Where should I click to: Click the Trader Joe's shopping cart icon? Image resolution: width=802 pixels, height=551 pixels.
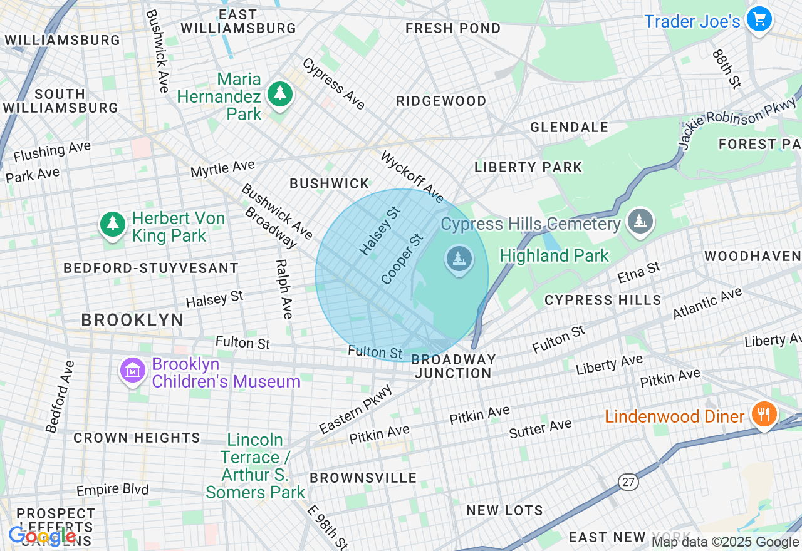coord(759,19)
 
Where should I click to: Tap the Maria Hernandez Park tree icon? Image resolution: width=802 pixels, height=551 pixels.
coord(280,95)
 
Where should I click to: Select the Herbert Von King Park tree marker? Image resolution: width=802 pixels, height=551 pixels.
coord(113,225)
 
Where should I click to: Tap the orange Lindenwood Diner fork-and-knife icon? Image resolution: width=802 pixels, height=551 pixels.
coord(764,415)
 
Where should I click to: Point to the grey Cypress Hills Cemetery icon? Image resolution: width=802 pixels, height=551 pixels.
coord(640,221)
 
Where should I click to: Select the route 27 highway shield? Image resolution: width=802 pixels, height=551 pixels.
coord(628,481)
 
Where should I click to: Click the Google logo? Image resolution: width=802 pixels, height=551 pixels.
coord(43,537)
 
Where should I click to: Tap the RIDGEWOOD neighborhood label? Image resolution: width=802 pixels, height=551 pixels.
coord(441,101)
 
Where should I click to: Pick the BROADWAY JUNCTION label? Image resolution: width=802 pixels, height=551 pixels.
coord(454,366)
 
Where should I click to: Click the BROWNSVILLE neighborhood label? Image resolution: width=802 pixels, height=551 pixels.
coord(363,478)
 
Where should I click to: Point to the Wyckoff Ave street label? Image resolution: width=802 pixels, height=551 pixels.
coord(412,177)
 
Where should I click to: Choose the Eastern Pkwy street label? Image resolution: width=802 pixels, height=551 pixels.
coord(355,409)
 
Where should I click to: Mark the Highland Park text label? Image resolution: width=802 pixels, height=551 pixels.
coord(554,255)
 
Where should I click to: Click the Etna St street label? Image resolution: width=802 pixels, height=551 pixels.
coord(638,272)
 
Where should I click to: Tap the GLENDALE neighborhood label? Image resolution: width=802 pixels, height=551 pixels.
coord(569,127)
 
